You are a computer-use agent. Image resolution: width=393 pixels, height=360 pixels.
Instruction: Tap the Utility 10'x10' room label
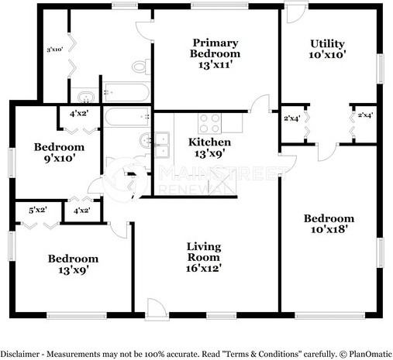point(327,50)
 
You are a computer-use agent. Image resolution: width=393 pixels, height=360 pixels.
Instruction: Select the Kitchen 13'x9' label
point(209,148)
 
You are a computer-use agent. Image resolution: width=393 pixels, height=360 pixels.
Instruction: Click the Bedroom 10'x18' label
point(329,223)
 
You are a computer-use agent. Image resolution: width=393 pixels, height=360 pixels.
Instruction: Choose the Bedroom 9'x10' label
point(58,153)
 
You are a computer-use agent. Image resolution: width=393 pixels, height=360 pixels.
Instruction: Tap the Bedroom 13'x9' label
point(73,264)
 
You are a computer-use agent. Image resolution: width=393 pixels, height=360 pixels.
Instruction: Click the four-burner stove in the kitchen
point(210,122)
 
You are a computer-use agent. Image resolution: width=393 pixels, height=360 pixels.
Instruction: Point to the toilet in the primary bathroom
point(140,67)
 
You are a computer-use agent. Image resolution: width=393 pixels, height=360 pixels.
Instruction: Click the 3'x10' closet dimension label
point(54,50)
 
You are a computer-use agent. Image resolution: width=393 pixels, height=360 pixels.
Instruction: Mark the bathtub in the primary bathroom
point(126,93)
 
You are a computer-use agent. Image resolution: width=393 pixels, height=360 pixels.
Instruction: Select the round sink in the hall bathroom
point(145,141)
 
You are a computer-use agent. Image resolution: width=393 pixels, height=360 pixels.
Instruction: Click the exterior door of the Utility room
point(295,14)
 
